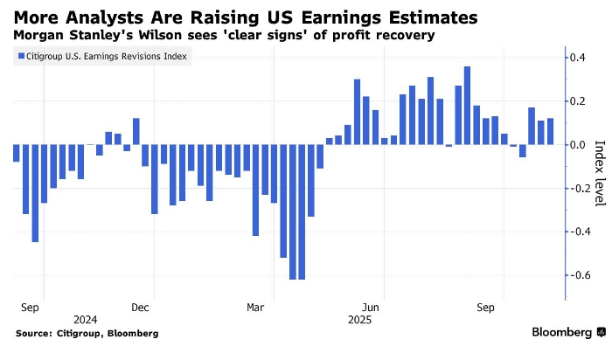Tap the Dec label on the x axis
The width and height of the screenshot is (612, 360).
tap(141, 308)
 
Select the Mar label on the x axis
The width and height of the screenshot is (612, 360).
tap(255, 308)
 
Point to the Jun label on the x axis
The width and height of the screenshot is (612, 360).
tap(371, 308)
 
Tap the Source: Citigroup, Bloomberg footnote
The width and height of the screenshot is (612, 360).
tap(87, 333)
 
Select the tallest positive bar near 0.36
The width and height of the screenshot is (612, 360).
tap(468, 106)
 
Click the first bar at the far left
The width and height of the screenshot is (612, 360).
tap(17, 153)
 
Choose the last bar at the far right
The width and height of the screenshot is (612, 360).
tap(550, 131)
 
